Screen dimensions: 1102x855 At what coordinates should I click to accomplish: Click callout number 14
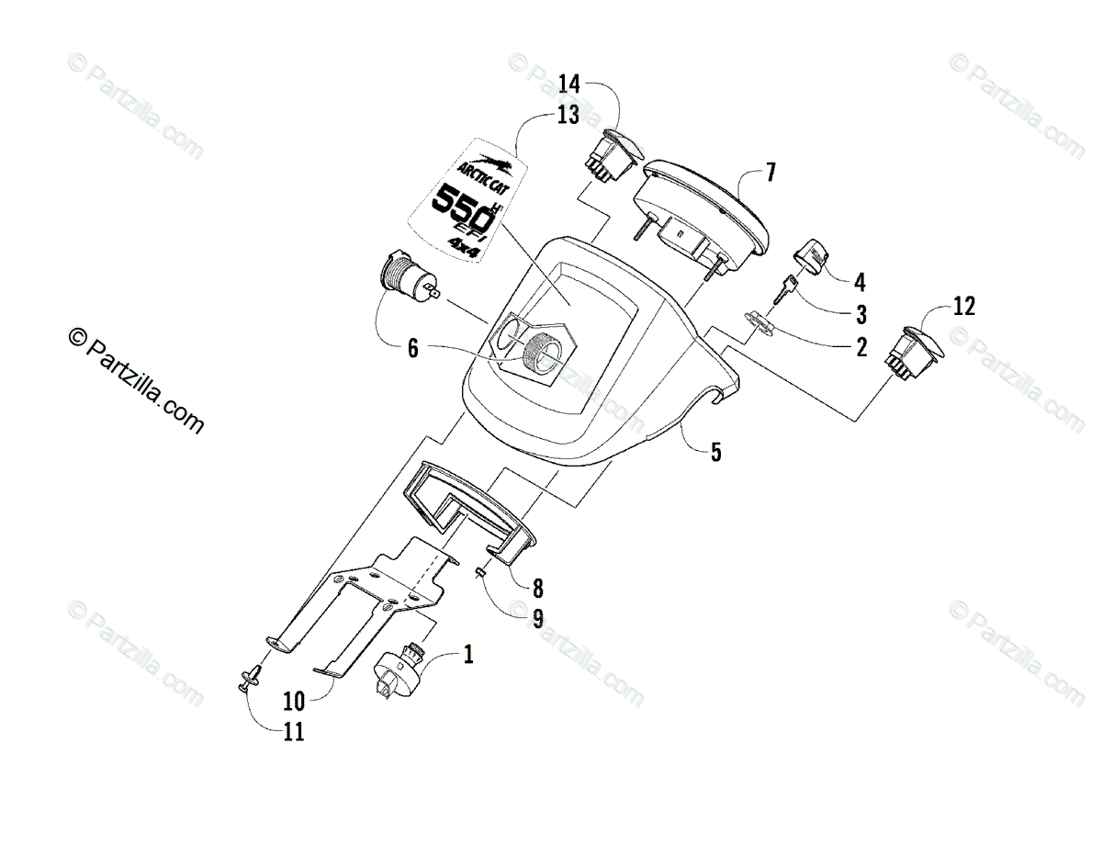569,84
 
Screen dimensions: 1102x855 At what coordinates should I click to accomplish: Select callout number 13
568,115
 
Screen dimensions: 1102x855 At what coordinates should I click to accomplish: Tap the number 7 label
770,173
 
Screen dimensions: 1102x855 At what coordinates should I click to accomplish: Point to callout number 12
963,307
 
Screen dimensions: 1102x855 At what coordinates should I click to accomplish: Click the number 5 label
715,452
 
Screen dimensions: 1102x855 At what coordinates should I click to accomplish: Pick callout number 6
413,348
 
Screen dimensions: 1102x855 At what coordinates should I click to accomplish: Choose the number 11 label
294,732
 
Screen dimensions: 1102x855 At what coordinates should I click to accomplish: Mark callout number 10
294,702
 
